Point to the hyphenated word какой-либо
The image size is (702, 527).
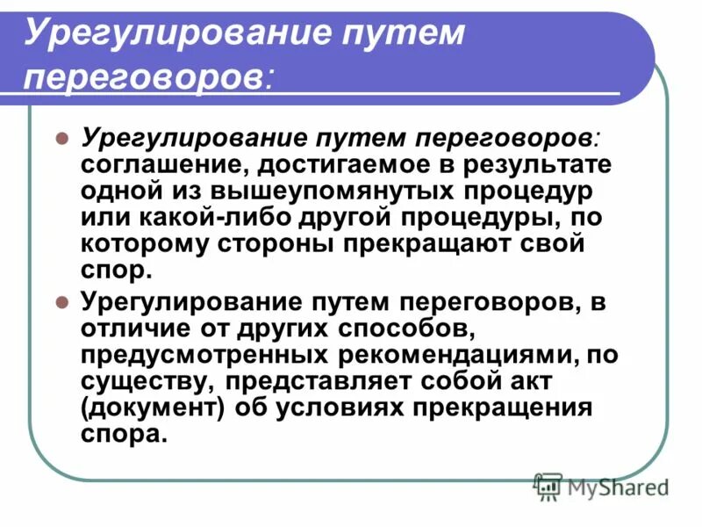pos(203,216)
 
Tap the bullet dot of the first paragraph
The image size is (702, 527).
pos(62,139)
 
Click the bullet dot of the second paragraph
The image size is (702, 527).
pos(62,304)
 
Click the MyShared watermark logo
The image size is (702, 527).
pos(602,485)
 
